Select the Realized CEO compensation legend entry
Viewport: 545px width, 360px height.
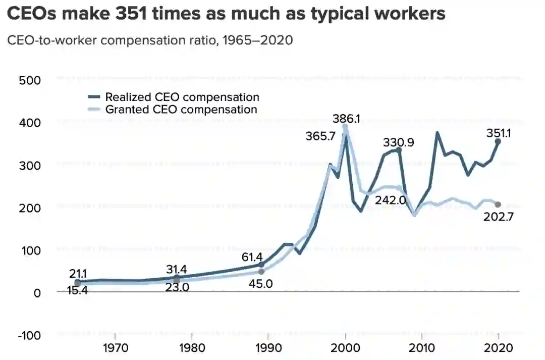pos(182,97)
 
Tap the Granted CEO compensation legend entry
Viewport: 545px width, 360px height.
pos(181,109)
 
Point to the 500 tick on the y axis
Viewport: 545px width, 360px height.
pos(30,80)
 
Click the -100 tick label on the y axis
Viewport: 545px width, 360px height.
pos(29,335)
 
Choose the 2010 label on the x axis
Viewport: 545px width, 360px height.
pos(421,348)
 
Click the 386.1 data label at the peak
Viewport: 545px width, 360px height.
pos(346,119)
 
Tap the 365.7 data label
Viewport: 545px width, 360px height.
pos(321,136)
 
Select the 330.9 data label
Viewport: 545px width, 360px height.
pos(399,142)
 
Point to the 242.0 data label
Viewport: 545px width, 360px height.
pos(391,200)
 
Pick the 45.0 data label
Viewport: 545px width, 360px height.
pos(261,283)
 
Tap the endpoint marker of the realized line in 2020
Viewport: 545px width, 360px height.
pos(498,142)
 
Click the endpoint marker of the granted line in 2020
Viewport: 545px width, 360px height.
pos(498,204)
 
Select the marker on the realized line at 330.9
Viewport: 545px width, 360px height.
pos(399,150)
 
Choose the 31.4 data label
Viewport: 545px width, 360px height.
pos(177,269)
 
